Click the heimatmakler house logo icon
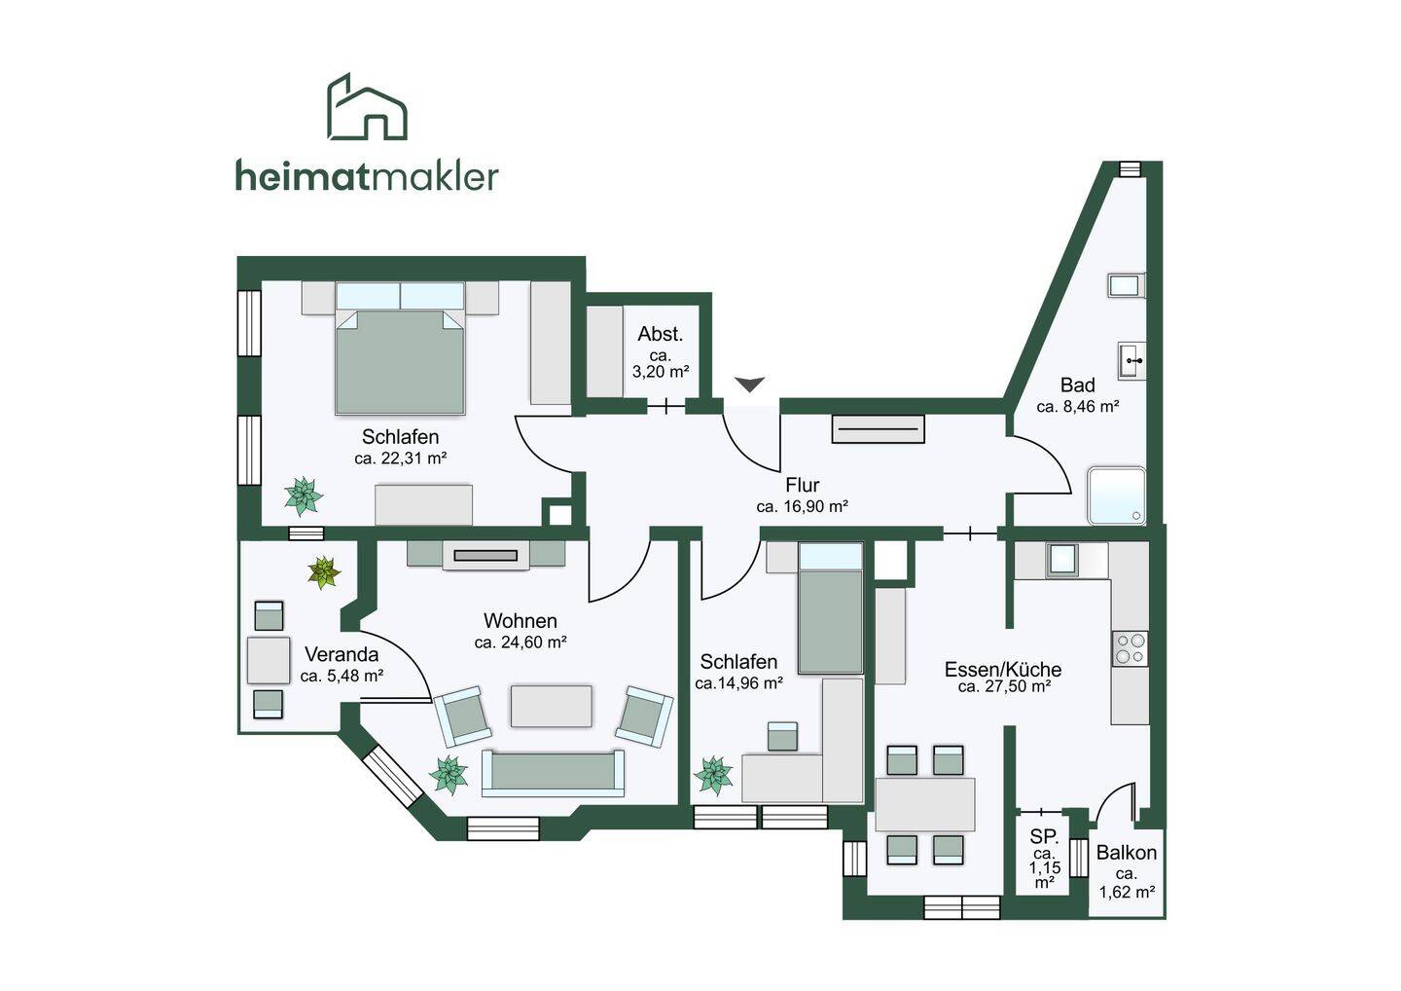[x=367, y=107]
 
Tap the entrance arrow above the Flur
[x=749, y=385]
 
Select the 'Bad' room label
[x=1077, y=385]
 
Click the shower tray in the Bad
[x=1117, y=495]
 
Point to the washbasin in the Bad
[x=1132, y=361]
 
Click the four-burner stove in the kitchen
[x=1130, y=649]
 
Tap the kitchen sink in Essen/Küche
[x=1061, y=559]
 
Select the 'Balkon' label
[x=1127, y=853]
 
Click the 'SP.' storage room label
[x=1044, y=836]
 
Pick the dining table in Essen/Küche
[x=925, y=804]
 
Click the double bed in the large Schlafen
[x=400, y=358]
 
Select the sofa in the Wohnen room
[x=553, y=773]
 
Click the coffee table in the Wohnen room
[x=552, y=706]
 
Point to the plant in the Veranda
[x=323, y=571]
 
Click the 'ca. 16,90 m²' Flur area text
[x=803, y=506]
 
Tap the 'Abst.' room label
[x=661, y=334]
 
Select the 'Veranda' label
[x=341, y=654]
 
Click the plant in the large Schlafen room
[x=304, y=496]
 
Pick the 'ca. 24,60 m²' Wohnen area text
[x=521, y=642]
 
